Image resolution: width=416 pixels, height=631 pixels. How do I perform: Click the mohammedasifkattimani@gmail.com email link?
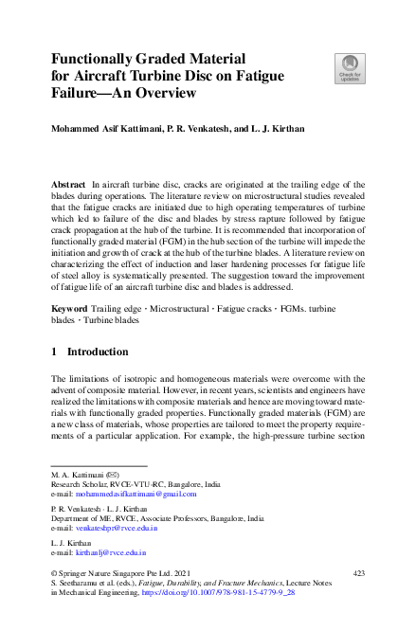coord(136,494)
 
